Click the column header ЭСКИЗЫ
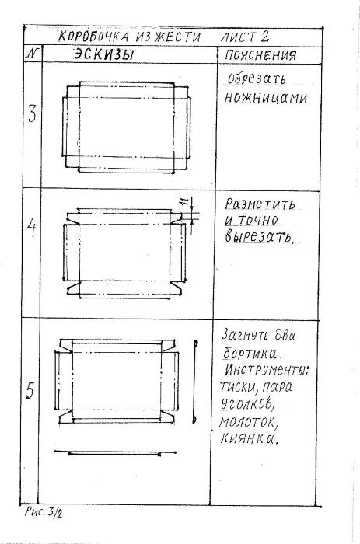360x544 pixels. click(x=103, y=54)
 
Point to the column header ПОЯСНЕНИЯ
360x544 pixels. click(x=260, y=55)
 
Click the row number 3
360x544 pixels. click(x=32, y=113)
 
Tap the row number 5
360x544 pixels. click(x=30, y=390)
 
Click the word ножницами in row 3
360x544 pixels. click(x=265, y=98)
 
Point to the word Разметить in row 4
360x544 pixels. click(x=260, y=204)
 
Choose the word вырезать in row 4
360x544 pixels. click(x=259, y=237)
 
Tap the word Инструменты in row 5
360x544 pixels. click(x=266, y=370)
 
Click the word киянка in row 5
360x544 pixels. click(x=249, y=439)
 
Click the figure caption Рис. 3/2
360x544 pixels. click(x=44, y=512)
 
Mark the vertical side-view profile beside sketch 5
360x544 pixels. click(x=195, y=381)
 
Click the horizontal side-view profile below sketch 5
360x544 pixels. click(x=115, y=453)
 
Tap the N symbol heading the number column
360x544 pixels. click(x=33, y=54)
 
